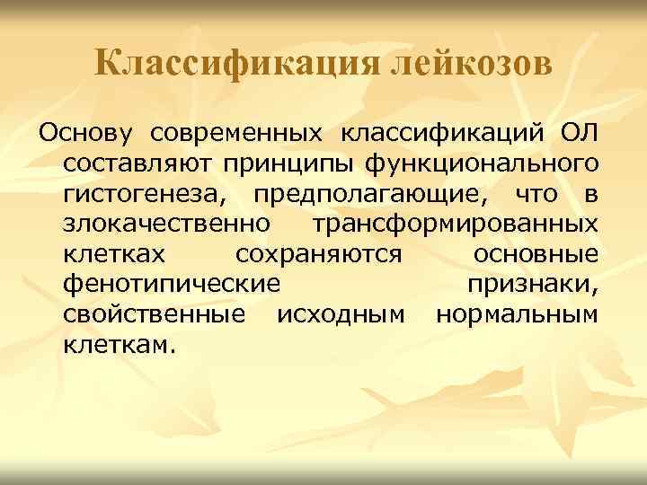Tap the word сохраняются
(x=318, y=256)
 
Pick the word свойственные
(x=154, y=316)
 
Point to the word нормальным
(x=517, y=316)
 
